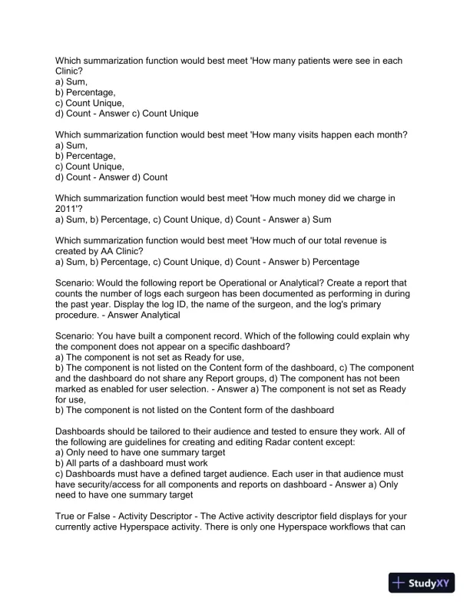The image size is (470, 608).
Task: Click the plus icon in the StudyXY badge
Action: click(399, 583)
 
